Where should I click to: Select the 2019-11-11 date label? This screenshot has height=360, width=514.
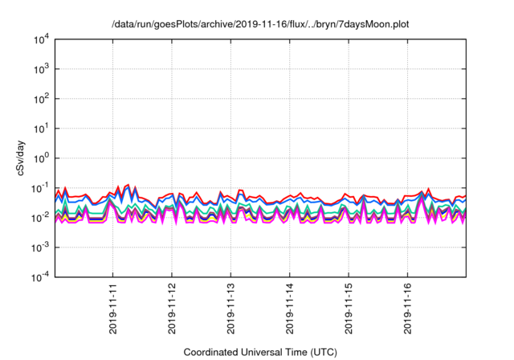coord(112,308)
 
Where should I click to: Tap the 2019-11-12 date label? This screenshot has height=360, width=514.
coord(172,308)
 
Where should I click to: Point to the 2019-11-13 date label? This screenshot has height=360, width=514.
coord(230,308)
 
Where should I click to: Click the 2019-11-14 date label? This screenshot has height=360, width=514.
coord(290,308)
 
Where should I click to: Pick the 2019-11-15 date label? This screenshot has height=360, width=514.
coord(349,308)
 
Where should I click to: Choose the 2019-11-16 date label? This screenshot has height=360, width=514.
coord(408,308)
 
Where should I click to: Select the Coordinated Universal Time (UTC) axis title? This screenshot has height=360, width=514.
coord(260,352)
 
